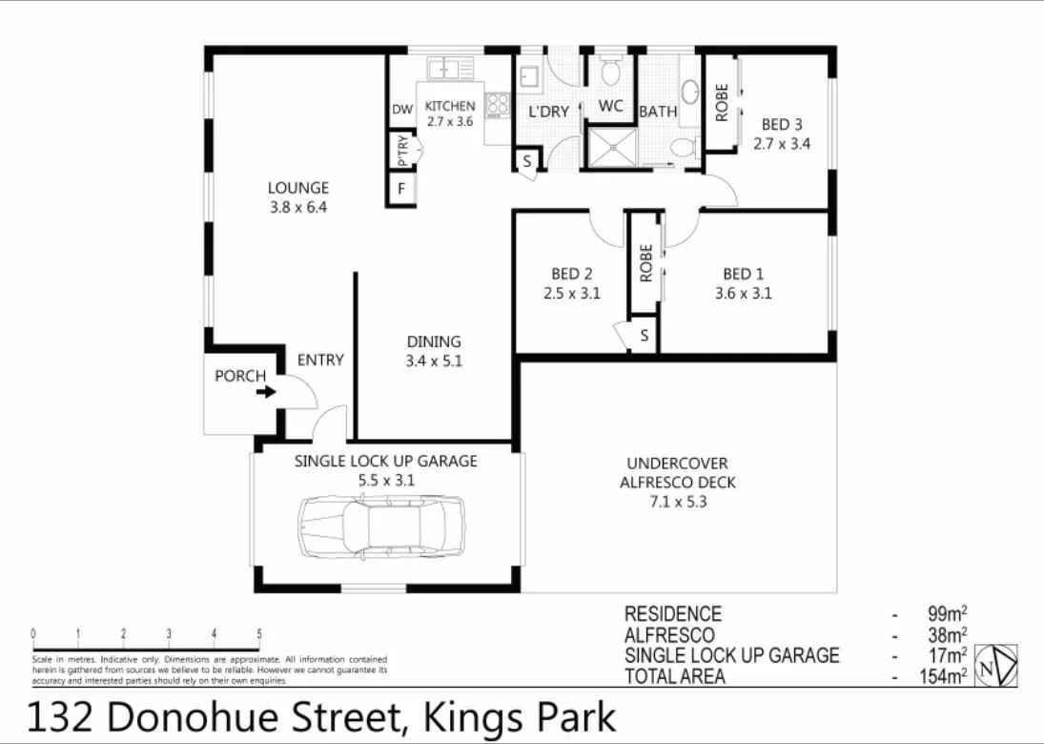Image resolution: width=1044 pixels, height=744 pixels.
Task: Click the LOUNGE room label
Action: click(297, 188)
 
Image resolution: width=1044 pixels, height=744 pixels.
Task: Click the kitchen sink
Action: click(450, 69)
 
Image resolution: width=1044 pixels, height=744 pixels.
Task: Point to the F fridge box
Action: click(402, 189)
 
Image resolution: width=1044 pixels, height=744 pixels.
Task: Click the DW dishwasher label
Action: click(401, 111)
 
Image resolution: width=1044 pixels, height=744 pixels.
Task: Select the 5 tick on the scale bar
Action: click(259, 633)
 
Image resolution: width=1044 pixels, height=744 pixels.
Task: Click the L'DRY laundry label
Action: click(548, 112)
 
